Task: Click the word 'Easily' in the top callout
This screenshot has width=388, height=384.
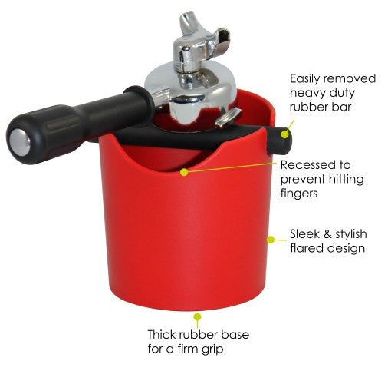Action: (x=304, y=79)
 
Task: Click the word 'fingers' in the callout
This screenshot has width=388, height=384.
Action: (x=299, y=194)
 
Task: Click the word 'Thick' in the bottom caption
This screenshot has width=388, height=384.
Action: (x=162, y=334)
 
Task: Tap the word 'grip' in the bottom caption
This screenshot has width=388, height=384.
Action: (x=212, y=349)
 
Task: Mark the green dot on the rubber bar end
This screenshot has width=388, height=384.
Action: (x=285, y=134)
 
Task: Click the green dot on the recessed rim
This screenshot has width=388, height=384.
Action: (x=184, y=172)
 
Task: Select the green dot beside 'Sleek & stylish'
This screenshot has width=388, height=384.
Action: (x=271, y=240)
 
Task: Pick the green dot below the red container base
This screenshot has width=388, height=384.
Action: (x=197, y=317)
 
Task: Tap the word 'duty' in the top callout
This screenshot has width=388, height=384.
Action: (x=341, y=94)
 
